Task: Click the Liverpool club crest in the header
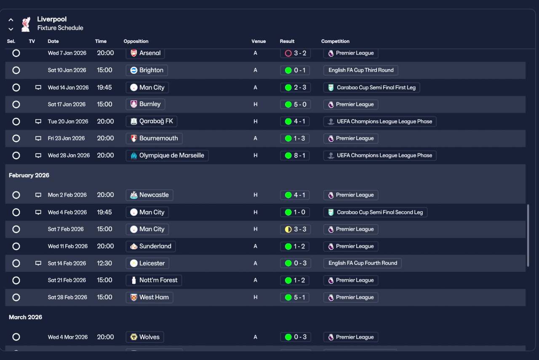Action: click(26, 24)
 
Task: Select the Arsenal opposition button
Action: click(145, 53)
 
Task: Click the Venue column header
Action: click(259, 41)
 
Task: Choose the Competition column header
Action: click(335, 41)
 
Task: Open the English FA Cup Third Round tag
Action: click(361, 70)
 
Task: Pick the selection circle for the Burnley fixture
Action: click(16, 104)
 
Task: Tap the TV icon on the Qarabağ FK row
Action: click(38, 121)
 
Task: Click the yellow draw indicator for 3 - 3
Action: click(288, 229)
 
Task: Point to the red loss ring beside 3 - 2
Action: click(288, 53)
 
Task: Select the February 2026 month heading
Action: click(29, 175)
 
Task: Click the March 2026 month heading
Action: click(26, 317)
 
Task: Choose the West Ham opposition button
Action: click(149, 297)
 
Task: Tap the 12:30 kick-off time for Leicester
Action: click(104, 263)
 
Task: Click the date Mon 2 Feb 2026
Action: click(67, 195)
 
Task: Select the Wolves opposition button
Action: click(145, 337)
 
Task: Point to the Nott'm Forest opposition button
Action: click(154, 280)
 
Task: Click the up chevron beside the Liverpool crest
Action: click(11, 20)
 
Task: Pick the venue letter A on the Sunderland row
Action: click(255, 246)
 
